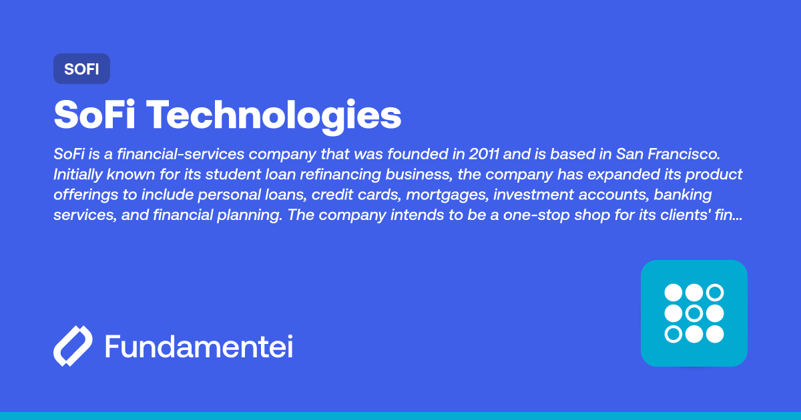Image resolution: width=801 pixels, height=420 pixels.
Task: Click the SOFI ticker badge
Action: point(81,69)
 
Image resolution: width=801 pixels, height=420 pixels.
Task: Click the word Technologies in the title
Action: point(274,115)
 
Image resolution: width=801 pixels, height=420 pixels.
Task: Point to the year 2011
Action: point(483,154)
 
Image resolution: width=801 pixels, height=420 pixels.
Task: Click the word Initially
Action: point(78,175)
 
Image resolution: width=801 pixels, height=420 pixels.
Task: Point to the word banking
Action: point(684,195)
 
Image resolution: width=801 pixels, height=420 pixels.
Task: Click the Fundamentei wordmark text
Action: point(199,347)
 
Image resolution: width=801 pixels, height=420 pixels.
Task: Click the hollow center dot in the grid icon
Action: point(694,313)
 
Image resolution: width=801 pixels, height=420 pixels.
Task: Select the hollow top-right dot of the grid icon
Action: point(715,293)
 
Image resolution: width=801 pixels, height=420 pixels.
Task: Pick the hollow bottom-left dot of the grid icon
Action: point(674,334)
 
